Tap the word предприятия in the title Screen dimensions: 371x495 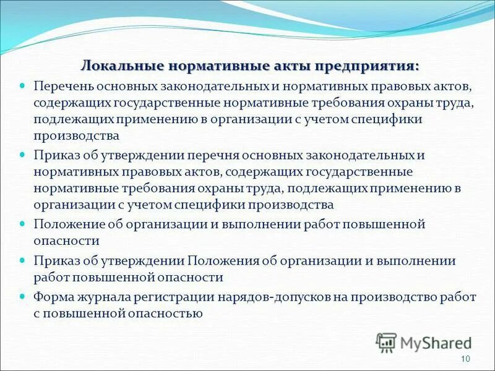point(368,65)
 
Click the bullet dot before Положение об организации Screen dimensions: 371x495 point(24,223)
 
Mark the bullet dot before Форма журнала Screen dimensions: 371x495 point(24,296)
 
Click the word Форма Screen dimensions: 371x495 point(54,297)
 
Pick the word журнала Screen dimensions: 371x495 point(106,297)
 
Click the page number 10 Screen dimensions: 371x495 point(466,360)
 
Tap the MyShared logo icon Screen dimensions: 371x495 point(386,342)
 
